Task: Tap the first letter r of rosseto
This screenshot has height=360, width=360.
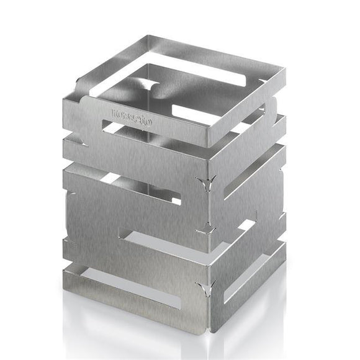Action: (114, 112)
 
